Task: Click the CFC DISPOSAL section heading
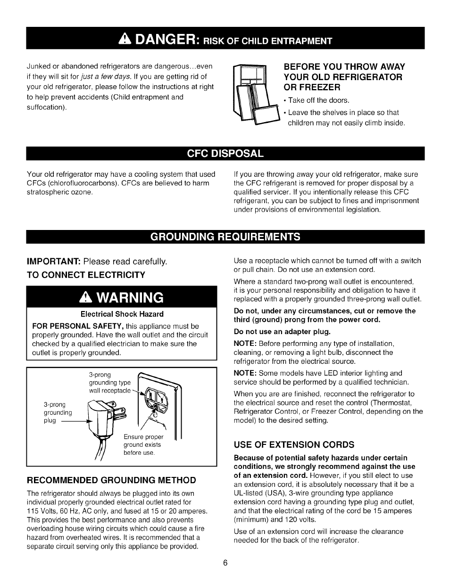[225, 154]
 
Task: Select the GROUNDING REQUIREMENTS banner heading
[225, 236]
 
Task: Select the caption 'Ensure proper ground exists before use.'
[143, 445]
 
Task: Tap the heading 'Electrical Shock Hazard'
[122, 314]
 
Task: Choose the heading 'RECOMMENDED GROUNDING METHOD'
[111, 480]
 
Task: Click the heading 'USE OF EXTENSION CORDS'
[294, 444]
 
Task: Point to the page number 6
[225, 563]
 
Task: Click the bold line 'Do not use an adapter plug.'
[282, 331]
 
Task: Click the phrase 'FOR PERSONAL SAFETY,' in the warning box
[78, 326]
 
